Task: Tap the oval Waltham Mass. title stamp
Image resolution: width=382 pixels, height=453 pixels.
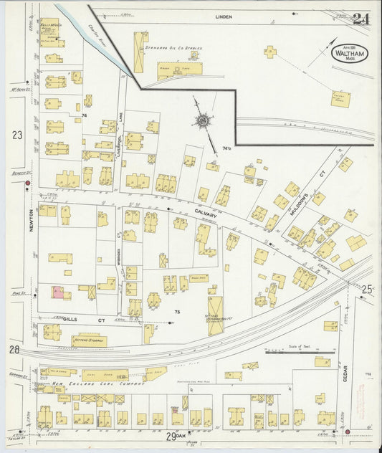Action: (351, 52)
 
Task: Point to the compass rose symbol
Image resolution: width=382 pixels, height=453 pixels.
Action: (204, 121)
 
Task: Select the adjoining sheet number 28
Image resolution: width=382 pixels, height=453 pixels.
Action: (14, 349)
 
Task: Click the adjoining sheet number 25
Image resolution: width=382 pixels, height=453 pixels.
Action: (367, 290)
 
